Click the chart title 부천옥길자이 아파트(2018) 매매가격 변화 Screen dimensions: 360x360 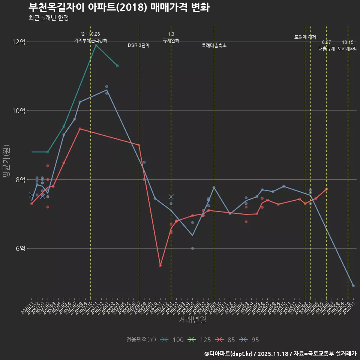[119, 7]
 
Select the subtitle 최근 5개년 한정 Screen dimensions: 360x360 [48, 18]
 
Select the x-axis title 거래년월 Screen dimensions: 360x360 [192, 320]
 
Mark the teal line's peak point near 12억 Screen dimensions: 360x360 [96, 45]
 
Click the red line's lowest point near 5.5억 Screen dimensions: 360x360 [160, 265]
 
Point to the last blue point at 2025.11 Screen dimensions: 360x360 [353, 286]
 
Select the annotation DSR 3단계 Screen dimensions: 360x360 [139, 45]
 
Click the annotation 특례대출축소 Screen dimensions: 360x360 [214, 45]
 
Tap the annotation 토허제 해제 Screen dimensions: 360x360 [305, 37]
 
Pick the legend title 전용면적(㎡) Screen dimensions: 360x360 [141, 340]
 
